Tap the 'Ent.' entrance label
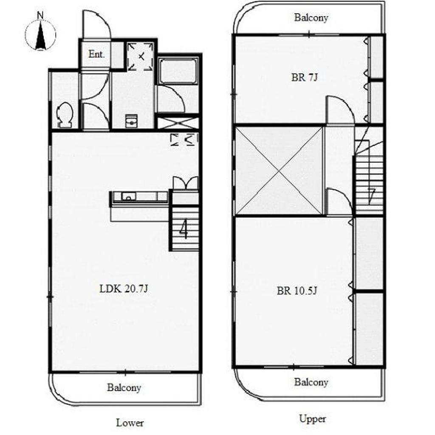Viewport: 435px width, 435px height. coord(96,54)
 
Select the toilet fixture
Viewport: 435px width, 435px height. coord(65,115)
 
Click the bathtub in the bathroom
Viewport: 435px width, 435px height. coord(178,71)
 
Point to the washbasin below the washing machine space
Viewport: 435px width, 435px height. coord(131,121)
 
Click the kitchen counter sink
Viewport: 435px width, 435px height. coord(128,196)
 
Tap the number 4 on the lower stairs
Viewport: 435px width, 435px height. coord(184,229)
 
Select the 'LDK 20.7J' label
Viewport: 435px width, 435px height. coord(124,289)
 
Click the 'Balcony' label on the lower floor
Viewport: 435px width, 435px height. coord(124,387)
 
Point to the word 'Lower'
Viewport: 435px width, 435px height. coord(130,423)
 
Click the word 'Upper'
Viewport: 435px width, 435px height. coord(312,419)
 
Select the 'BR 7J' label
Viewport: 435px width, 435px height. coord(304,77)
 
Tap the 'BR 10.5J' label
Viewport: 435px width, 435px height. coord(297,291)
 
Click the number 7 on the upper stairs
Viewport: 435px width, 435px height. coord(371,196)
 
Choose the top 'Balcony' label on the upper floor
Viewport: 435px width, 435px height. coord(311,17)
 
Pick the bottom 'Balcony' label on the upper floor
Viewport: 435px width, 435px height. coord(311,382)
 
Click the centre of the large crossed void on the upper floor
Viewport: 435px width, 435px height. coord(279,171)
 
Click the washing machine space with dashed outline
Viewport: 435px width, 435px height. coord(141,56)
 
